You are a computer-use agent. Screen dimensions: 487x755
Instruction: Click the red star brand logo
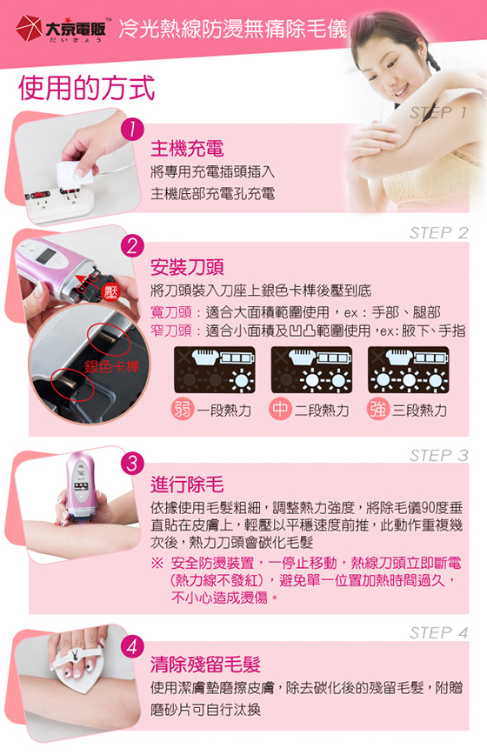coord(29,29)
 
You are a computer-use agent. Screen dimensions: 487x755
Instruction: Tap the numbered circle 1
coord(132,130)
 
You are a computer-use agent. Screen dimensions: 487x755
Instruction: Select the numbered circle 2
coord(132,246)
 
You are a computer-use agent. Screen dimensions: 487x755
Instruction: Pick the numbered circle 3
coord(132,464)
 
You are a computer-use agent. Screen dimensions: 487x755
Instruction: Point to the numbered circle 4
coord(132,646)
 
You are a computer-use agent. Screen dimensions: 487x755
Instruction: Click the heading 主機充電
coord(187,149)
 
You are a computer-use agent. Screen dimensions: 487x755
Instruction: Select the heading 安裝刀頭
coord(187,267)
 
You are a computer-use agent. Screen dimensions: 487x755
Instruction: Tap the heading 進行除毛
coord(187,484)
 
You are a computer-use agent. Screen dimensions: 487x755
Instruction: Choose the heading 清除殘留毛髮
coord(205,665)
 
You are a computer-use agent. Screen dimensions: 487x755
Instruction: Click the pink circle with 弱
coord(183,409)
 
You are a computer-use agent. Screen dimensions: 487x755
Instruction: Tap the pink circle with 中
coord(280,409)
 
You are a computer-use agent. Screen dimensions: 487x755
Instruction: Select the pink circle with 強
coord(378,409)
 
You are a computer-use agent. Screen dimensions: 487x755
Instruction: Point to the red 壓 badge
coord(110,291)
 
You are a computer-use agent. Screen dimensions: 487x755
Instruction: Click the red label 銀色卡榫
coord(112,367)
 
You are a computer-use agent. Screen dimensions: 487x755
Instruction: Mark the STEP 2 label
coord(438,233)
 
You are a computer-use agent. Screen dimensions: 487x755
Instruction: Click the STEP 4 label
coord(438,632)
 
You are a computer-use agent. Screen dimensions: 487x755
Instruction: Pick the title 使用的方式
coord(87,88)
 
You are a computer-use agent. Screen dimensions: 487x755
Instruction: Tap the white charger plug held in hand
coord(75,172)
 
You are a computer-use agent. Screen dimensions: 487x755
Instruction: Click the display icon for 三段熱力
coord(408,370)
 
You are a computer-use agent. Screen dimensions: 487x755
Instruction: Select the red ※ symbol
coord(157,563)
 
